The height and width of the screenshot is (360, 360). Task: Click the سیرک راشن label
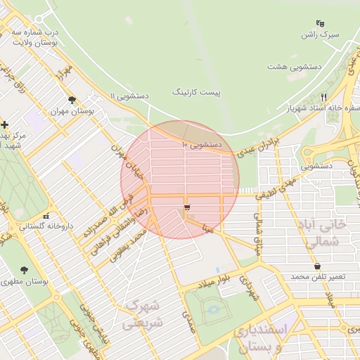320,34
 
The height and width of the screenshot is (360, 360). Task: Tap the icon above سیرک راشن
320,22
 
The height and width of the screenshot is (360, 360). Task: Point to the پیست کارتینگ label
196,92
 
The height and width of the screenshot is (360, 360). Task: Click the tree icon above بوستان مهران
72,101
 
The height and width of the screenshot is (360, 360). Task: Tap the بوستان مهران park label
72,112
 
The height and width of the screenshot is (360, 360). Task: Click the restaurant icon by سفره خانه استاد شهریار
323,97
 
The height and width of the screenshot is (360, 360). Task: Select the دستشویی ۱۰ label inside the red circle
202,145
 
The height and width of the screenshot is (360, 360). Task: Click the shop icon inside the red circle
186,207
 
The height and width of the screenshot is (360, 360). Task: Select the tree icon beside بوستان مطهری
25,270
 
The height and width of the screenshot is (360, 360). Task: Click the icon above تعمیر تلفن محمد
319,266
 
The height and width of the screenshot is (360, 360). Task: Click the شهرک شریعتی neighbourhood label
142,314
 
